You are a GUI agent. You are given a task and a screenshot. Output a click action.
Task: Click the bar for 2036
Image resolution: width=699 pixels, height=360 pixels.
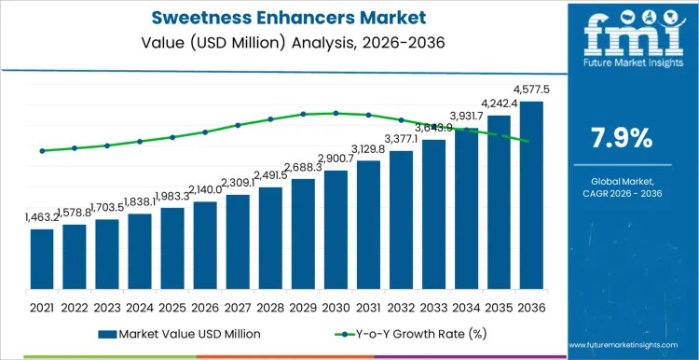[531, 196]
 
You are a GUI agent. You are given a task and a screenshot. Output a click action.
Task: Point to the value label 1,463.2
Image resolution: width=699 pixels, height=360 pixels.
[42, 217]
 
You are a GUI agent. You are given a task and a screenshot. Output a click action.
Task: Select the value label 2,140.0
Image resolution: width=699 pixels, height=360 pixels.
[205, 189]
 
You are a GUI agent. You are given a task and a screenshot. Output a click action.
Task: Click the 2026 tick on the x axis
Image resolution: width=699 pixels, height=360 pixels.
[205, 307]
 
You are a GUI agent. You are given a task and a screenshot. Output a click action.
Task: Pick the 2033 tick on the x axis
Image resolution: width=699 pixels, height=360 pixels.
[433, 307]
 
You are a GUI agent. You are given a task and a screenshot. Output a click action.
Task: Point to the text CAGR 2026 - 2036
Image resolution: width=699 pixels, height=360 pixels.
[622, 193]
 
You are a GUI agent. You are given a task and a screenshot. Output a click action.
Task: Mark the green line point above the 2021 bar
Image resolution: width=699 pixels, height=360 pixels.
[42, 150]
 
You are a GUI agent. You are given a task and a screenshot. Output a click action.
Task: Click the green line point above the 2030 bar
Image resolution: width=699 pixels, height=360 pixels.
[336, 113]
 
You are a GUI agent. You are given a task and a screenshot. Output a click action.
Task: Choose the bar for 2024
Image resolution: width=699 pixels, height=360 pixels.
[140, 253]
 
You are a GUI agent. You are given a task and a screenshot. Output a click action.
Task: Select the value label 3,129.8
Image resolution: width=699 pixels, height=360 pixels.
[368, 149]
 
